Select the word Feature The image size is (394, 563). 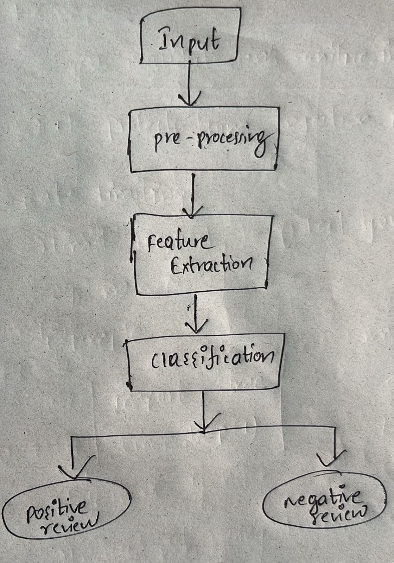click(178, 243)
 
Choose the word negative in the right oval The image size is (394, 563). click(323, 499)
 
